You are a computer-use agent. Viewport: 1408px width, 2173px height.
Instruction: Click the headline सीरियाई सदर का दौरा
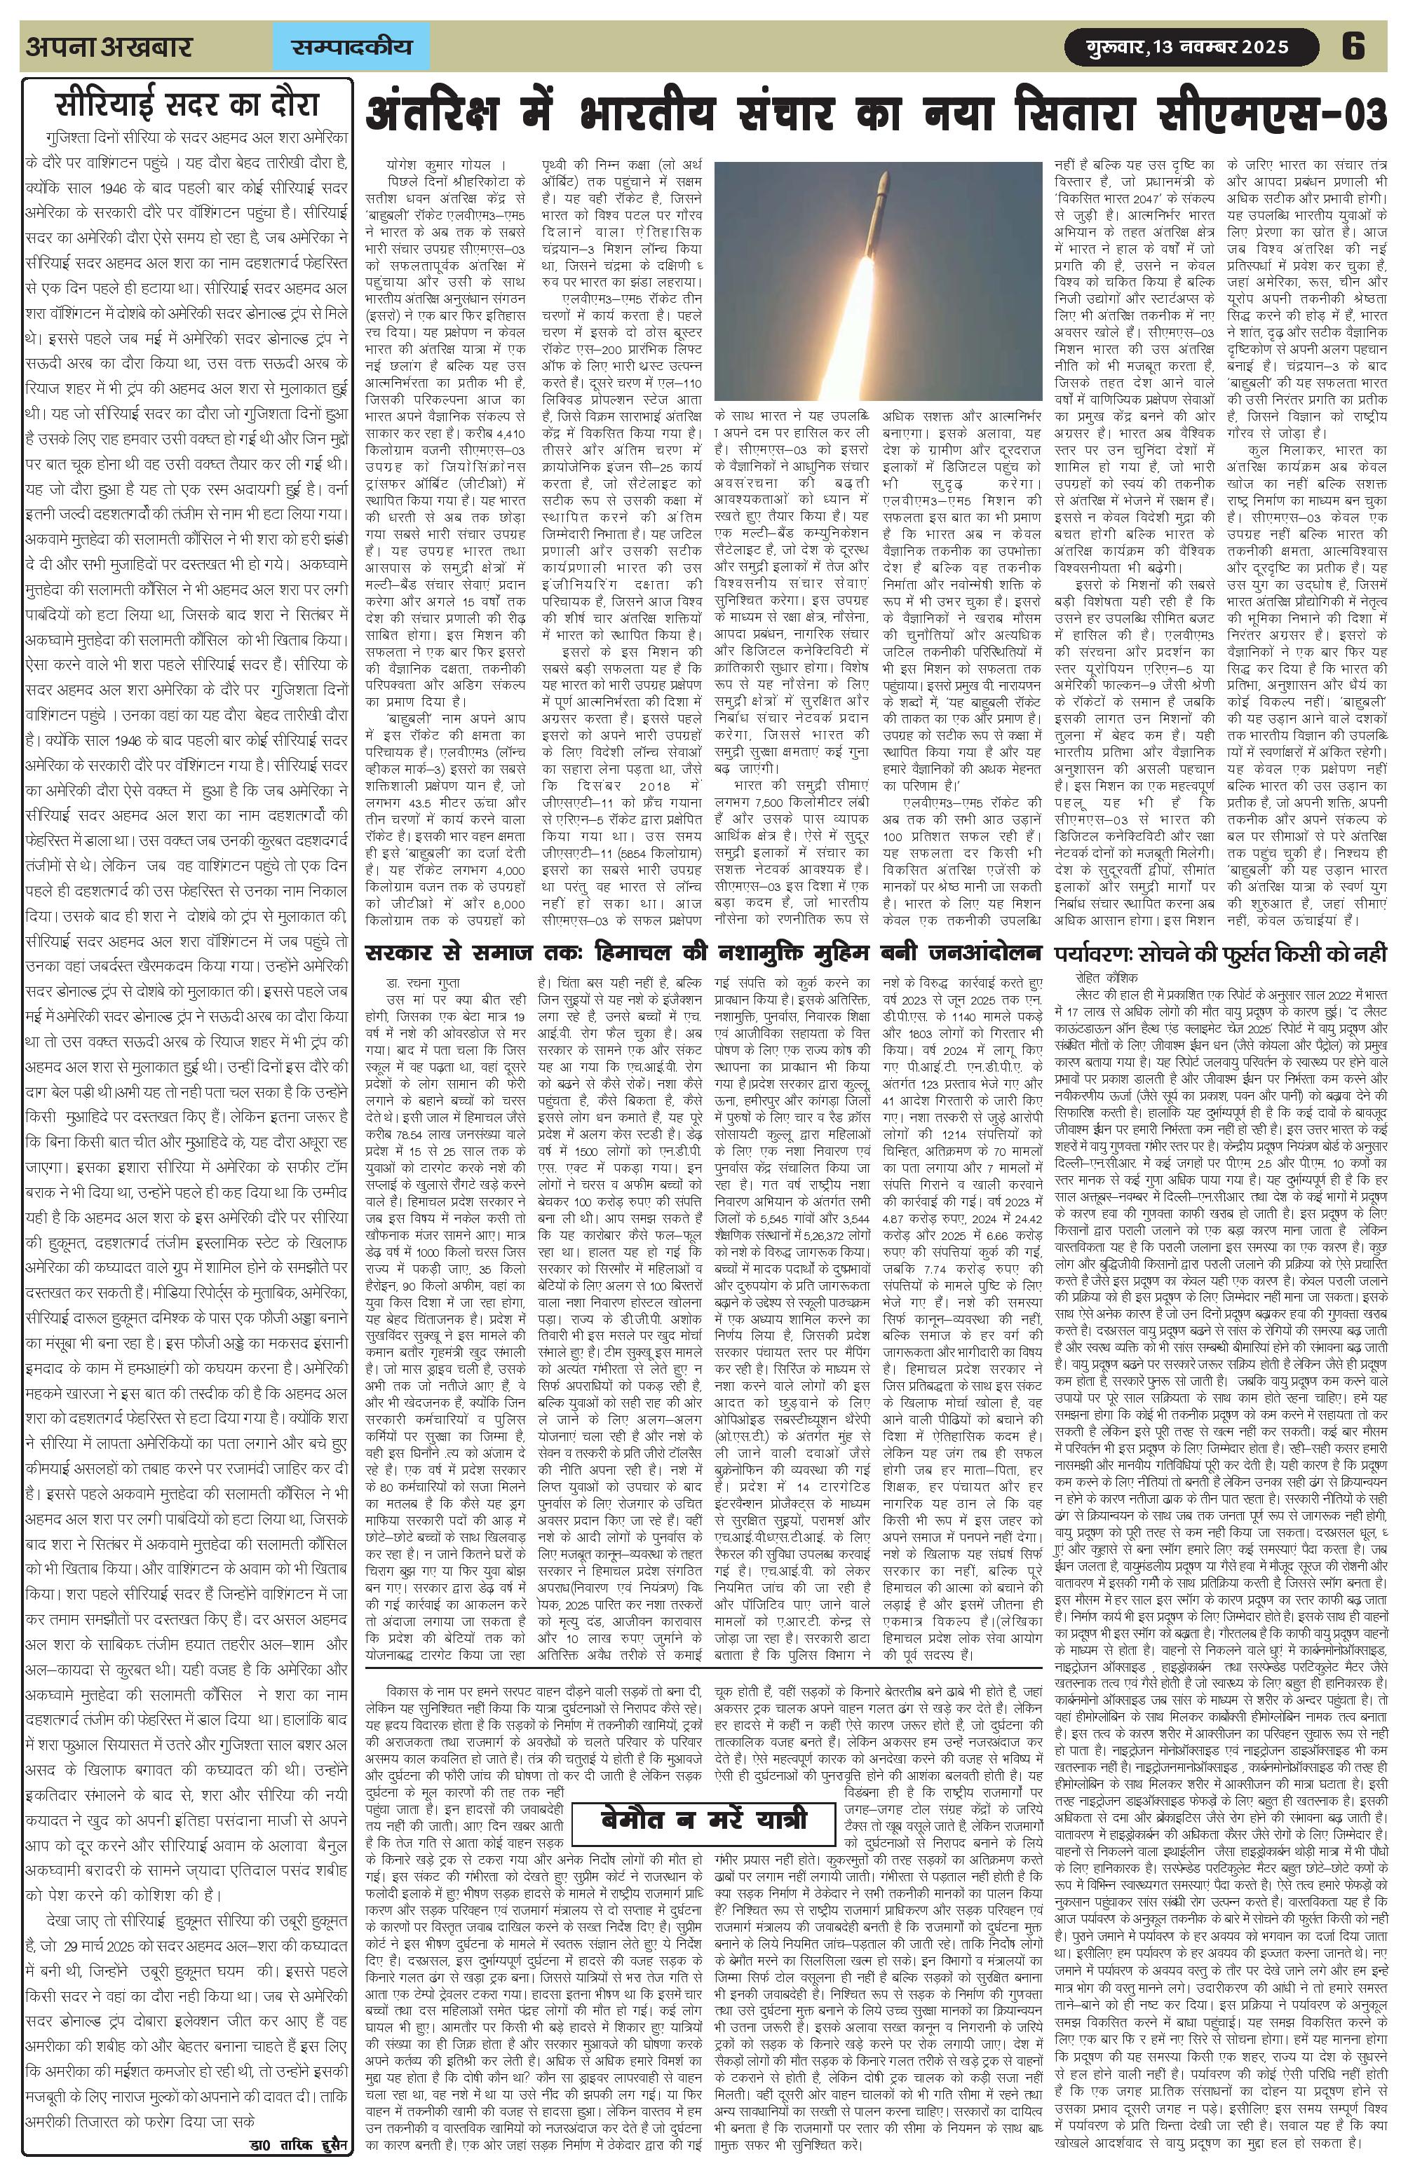(185, 106)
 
